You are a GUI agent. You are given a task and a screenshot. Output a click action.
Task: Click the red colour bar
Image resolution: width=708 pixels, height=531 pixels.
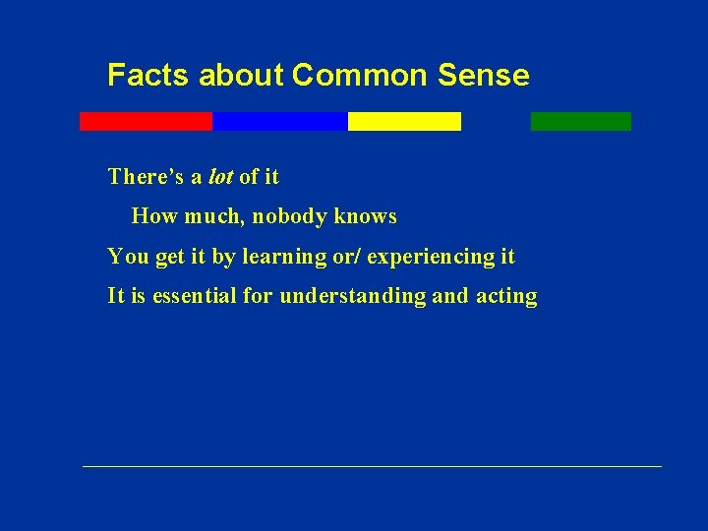click(146, 121)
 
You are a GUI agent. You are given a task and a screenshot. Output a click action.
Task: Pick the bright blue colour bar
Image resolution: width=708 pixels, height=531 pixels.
click(279, 121)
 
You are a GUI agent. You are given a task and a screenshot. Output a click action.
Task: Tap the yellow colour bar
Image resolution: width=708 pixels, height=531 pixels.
click(404, 121)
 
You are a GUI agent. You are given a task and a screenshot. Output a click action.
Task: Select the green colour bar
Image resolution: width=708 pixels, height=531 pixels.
click(580, 121)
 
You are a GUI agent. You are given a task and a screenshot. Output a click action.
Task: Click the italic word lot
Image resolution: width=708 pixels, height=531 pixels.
click(220, 177)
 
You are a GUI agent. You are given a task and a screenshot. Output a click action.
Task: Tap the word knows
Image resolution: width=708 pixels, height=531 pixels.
click(366, 216)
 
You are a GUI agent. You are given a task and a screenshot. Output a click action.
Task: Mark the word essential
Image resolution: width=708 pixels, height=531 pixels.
click(197, 296)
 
